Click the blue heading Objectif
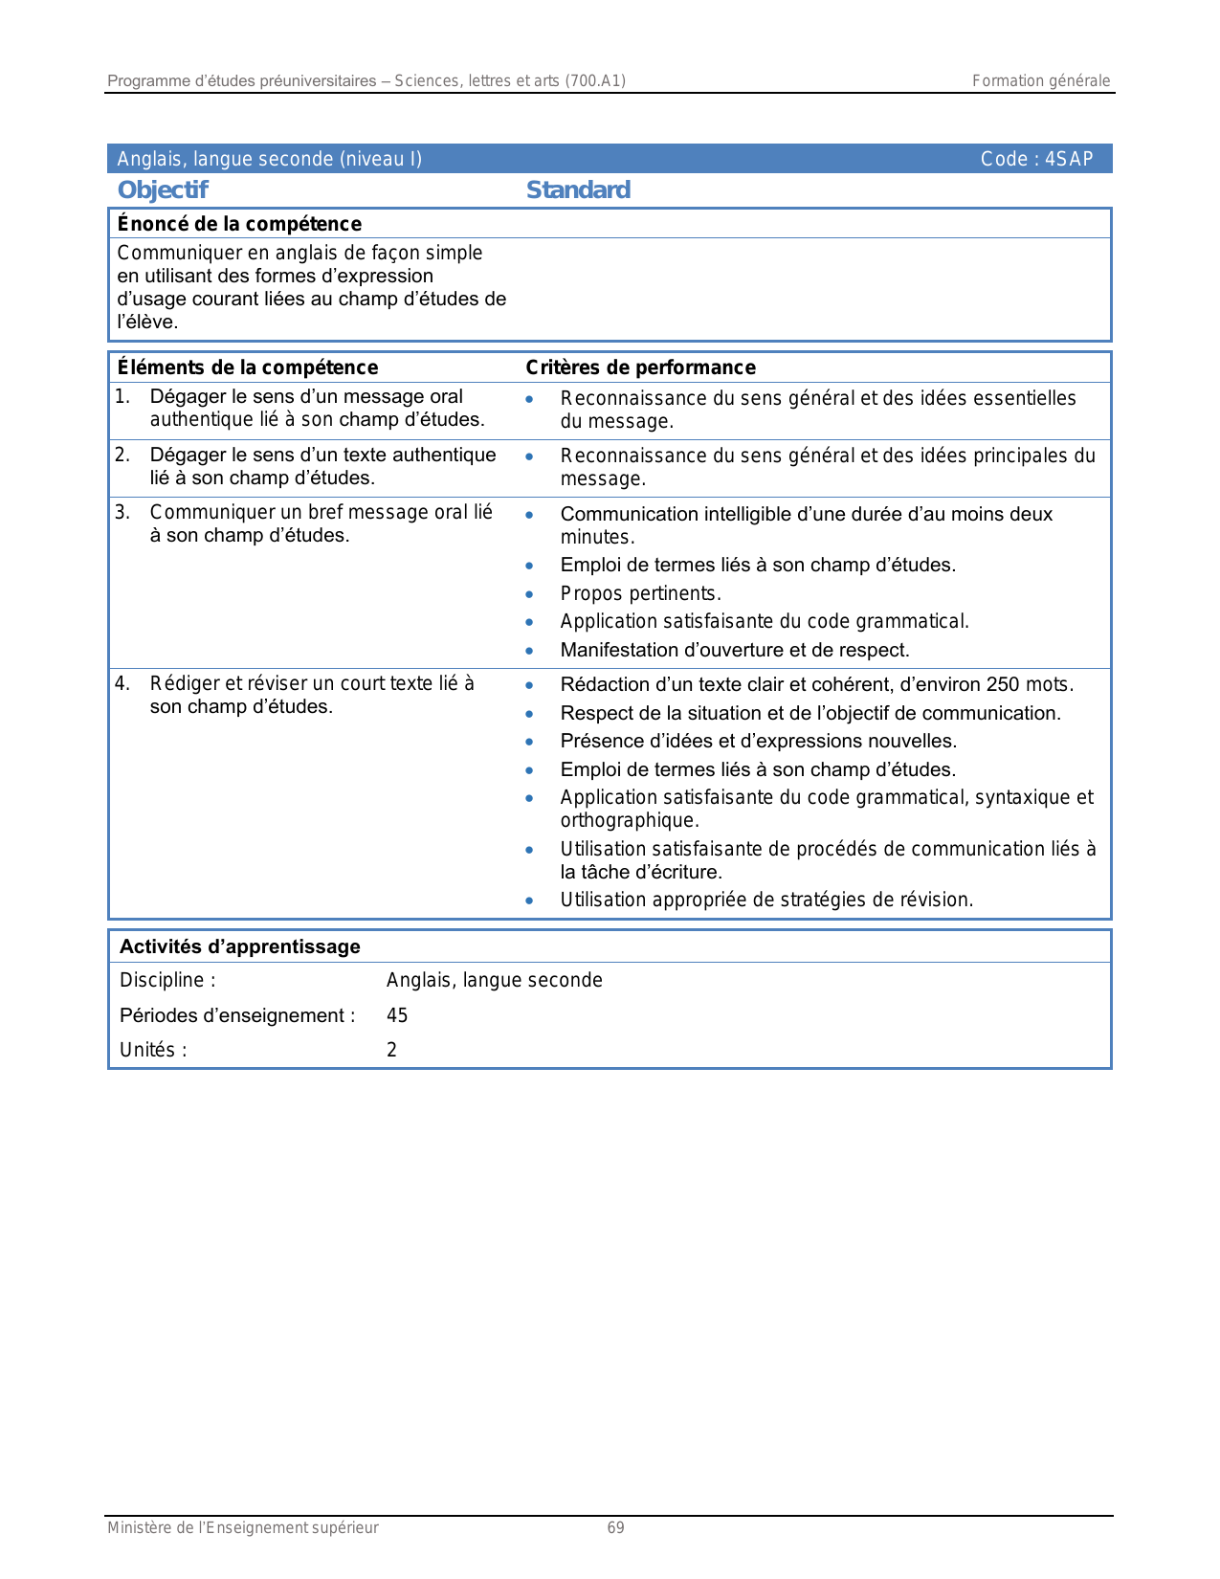coord(163,189)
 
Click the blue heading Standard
coord(578,189)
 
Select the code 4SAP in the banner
coord(1069,159)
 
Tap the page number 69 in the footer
coord(616,1527)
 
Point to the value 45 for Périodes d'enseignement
coord(397,1015)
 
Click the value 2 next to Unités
coord(391,1050)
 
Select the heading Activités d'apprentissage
coord(240,946)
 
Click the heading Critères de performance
coord(640,367)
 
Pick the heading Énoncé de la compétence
coord(239,224)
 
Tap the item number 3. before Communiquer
coord(122,513)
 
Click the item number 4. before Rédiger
coord(122,683)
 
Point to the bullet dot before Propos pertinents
coord(529,594)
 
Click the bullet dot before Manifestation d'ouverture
coord(529,651)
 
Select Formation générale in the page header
coord(1041,81)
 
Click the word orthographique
coord(630,820)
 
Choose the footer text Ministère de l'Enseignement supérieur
coord(243,1527)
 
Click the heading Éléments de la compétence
coord(248,367)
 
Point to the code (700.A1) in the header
coord(595,81)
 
